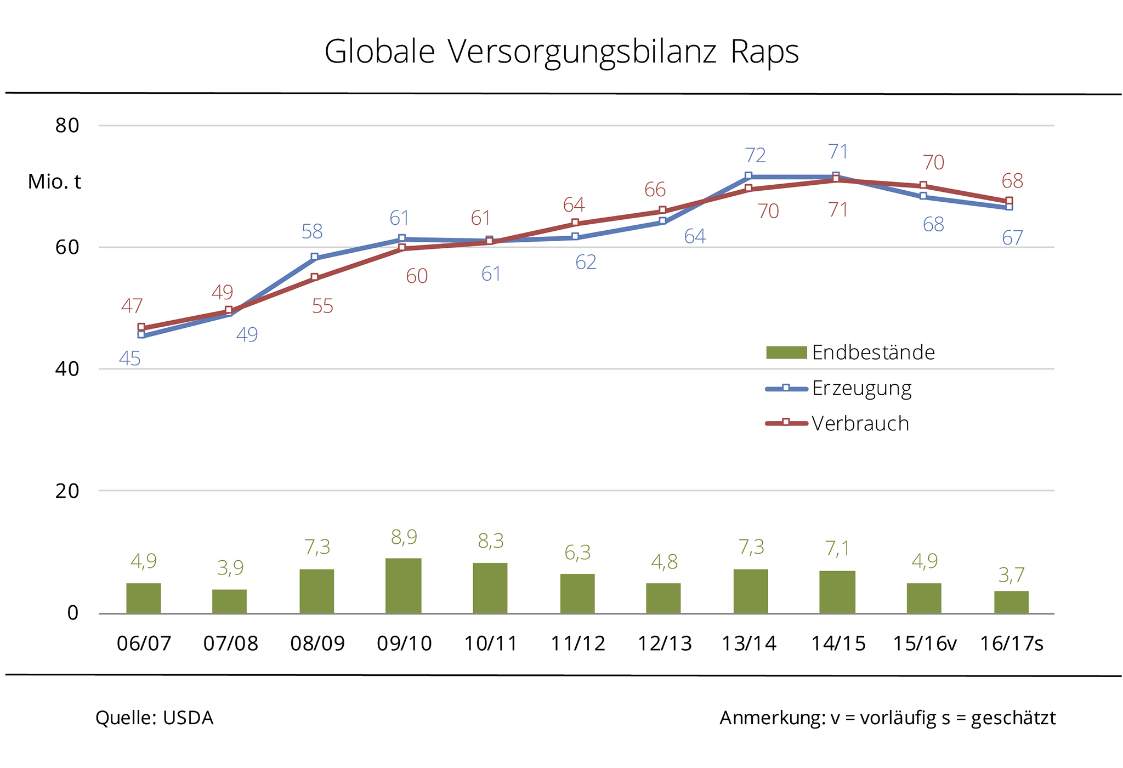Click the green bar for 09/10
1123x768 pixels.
click(x=403, y=585)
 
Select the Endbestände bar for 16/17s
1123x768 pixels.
click(x=1011, y=602)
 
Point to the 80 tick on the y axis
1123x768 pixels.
click(x=67, y=126)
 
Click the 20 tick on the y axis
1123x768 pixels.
click(x=67, y=491)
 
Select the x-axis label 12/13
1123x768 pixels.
click(x=664, y=644)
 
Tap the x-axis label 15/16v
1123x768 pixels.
click(x=925, y=644)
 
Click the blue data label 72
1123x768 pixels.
click(x=755, y=156)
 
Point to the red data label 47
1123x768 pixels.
click(x=132, y=306)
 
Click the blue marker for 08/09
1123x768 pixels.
click(x=314, y=257)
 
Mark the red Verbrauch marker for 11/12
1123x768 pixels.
click(x=575, y=223)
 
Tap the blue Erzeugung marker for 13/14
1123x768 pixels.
click(x=748, y=176)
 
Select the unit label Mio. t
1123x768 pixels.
click(x=54, y=181)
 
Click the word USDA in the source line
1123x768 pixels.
click(x=188, y=718)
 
